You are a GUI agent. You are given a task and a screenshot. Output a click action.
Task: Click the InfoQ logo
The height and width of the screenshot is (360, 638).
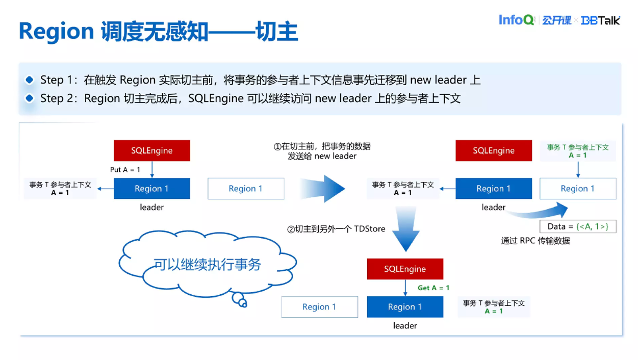point(516,20)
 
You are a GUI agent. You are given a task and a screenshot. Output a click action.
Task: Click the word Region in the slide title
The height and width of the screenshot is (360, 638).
point(56,32)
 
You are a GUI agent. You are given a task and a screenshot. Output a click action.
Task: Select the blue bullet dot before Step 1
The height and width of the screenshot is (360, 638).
point(30,80)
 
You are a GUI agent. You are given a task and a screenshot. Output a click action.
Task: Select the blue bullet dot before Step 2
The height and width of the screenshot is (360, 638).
point(30,98)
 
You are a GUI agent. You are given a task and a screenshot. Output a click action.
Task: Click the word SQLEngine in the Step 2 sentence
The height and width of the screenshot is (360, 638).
point(216,98)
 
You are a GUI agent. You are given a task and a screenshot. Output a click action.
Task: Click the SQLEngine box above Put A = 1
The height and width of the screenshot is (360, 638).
point(151,150)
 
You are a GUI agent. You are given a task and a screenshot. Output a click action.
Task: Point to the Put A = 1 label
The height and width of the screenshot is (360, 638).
point(125,169)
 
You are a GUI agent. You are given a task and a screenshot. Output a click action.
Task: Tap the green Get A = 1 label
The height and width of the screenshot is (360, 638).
point(433,288)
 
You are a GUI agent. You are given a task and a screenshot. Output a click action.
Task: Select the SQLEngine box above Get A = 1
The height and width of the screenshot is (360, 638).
point(405,269)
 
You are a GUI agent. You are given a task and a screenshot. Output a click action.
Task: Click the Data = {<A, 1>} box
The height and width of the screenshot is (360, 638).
point(578,226)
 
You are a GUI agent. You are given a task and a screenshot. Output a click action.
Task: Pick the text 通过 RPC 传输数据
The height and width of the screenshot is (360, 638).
point(535,241)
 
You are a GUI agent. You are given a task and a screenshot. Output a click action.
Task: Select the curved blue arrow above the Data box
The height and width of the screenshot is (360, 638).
point(541,212)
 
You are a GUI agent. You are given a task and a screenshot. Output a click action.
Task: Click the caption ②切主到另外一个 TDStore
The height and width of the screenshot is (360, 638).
point(336,229)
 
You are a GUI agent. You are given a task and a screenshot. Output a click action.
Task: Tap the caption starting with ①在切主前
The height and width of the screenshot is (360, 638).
point(322,151)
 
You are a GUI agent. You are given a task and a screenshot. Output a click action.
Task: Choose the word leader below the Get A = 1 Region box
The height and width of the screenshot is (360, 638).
point(405,325)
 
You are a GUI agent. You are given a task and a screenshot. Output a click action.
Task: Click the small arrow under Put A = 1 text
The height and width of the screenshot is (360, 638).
point(152,170)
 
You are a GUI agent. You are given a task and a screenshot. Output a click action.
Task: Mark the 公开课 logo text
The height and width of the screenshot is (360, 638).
point(556,20)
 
